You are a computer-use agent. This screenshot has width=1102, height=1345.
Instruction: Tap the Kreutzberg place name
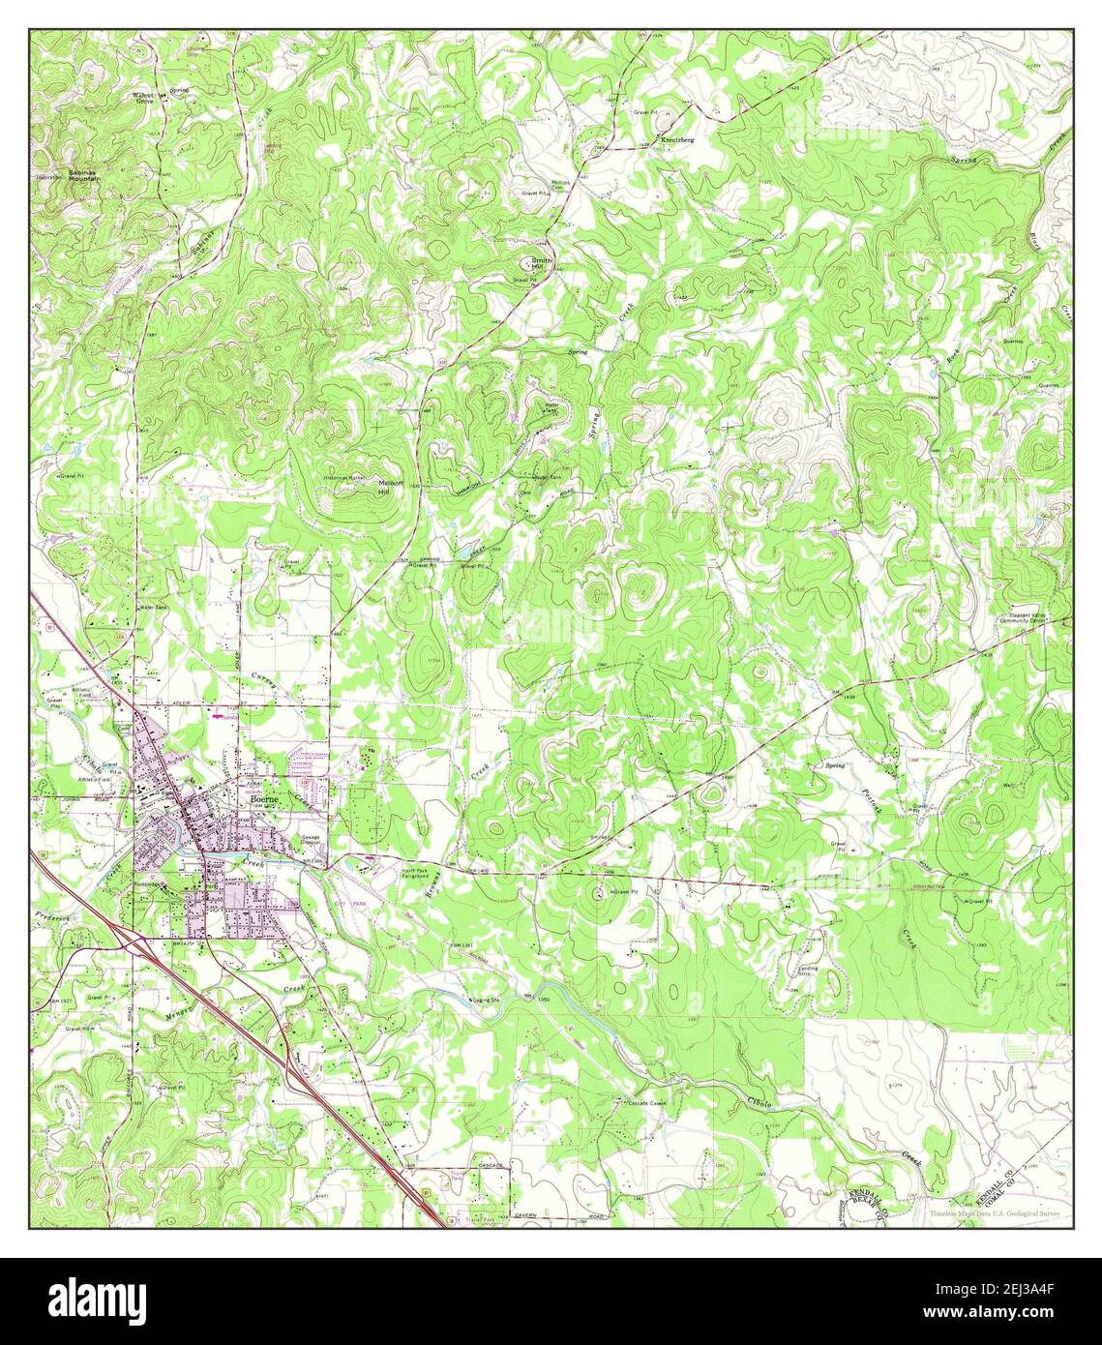[x=678, y=141]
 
